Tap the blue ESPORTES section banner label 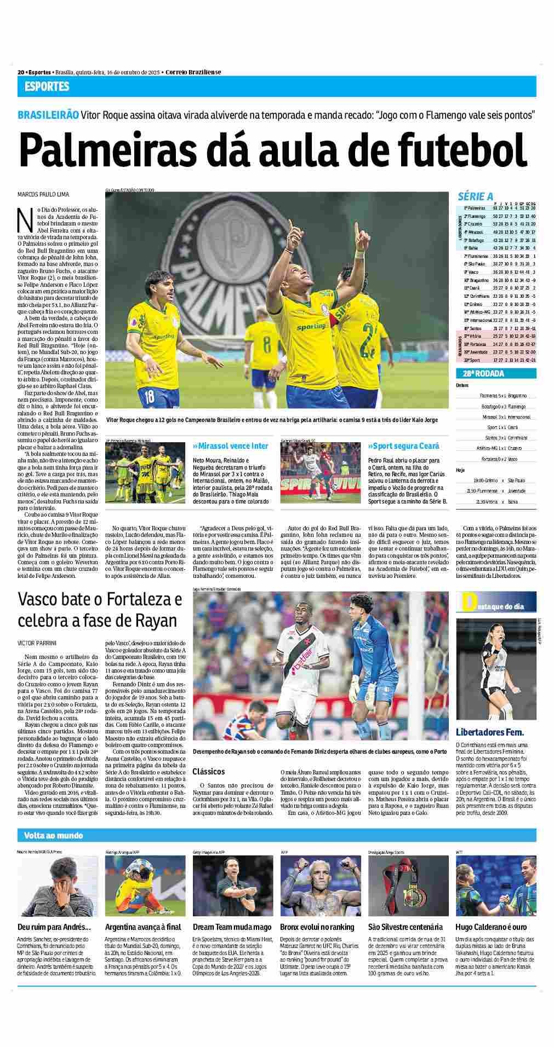pos(47,86)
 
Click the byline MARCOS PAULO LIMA pos(44,194)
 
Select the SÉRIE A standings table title pos(475,196)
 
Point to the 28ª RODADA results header pos(480,374)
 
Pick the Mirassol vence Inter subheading pos(230,446)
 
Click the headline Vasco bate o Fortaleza pos(100,599)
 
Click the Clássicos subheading pos(208,771)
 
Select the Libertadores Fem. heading pos(489,732)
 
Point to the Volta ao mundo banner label pos(54,835)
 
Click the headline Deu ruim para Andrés pos(54,927)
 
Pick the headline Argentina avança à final pos(142,927)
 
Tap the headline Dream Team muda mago pos(232,927)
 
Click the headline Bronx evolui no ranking pos(317,927)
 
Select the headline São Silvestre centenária pos(405,927)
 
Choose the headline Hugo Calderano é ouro pos(491,927)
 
